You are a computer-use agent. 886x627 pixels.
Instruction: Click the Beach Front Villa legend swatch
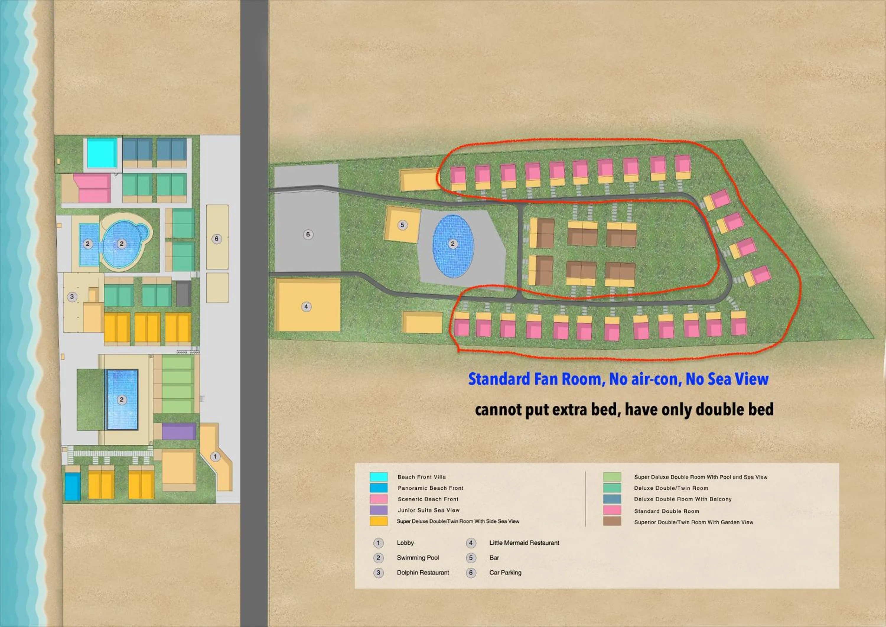point(379,477)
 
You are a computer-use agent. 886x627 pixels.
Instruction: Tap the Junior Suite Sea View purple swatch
point(379,510)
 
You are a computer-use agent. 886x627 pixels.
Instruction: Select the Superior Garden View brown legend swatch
point(612,522)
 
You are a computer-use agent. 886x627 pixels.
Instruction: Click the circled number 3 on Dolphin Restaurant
point(72,297)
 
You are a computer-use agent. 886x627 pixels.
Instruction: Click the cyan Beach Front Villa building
point(102,153)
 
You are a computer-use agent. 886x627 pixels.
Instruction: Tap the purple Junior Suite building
point(178,432)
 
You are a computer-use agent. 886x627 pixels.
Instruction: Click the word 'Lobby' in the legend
point(405,543)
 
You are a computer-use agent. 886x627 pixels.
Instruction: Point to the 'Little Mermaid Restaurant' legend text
point(524,543)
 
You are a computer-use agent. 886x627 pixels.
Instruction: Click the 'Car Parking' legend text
point(505,573)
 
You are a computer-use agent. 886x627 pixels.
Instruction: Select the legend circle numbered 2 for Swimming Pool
point(378,558)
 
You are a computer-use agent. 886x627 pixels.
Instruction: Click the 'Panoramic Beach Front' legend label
point(430,488)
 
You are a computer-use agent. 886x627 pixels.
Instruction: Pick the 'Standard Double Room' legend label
point(667,511)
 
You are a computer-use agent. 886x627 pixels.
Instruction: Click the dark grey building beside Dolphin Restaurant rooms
point(183,294)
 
